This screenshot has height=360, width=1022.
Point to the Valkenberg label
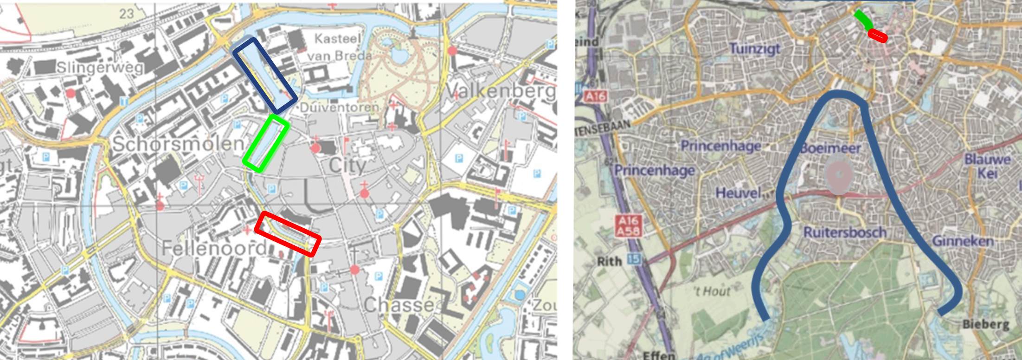pyautogui.click(x=501, y=91)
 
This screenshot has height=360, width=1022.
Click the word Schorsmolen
pyautogui.click(x=178, y=144)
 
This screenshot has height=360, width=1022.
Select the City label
pyautogui.click(x=347, y=166)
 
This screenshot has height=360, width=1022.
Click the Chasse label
pyautogui.click(x=399, y=305)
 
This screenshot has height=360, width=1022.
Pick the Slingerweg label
pyautogui.click(x=100, y=68)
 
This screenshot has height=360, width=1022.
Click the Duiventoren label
pyautogui.click(x=339, y=108)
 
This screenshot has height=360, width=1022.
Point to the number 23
pyautogui.click(x=126, y=14)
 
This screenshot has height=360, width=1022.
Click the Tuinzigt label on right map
pyautogui.click(x=755, y=48)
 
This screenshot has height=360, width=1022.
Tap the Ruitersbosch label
pyautogui.click(x=844, y=232)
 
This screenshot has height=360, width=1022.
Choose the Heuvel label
pyautogui.click(x=739, y=193)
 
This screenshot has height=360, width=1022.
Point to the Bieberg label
pyautogui.click(x=986, y=324)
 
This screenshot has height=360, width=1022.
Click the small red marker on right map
pyautogui.click(x=877, y=35)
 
